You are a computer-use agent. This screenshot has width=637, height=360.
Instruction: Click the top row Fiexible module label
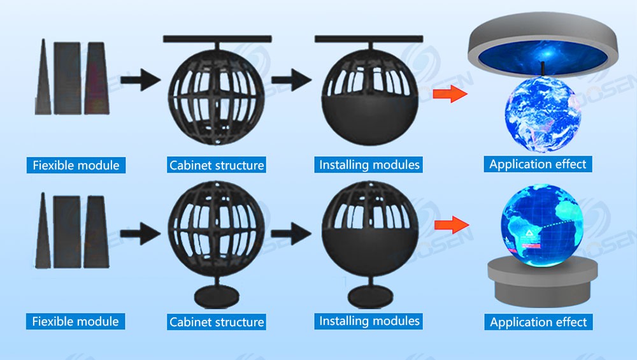(76, 165)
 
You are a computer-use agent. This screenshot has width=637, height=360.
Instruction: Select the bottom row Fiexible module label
(76, 322)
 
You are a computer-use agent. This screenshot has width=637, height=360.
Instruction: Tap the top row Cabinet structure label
(217, 165)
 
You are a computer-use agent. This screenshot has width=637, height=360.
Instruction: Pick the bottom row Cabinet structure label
(217, 322)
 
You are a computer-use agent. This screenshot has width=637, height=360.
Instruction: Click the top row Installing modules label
(369, 164)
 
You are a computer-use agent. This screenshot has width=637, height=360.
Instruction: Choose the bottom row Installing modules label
(369, 320)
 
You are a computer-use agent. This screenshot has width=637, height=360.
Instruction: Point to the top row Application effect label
(538, 164)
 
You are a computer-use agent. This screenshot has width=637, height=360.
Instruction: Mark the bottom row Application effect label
(538, 322)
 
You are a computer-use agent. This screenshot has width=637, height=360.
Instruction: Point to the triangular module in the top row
(43, 76)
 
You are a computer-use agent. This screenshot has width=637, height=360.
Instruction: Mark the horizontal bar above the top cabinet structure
(217, 39)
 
